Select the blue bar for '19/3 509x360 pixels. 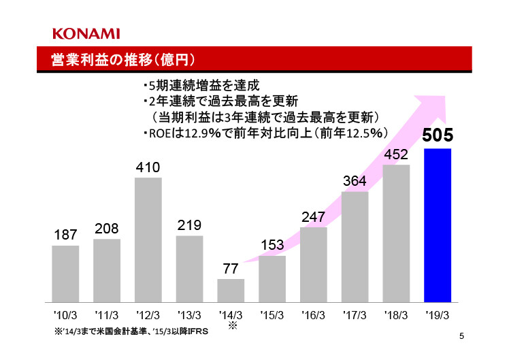click(438, 225)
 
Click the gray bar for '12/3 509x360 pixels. click(148, 240)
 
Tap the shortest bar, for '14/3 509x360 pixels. click(231, 290)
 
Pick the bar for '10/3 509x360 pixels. click(65, 273)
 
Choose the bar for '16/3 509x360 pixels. click(314, 264)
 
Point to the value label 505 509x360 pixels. click(438, 135)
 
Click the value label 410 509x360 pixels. click(148, 167)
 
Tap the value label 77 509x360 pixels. click(231, 269)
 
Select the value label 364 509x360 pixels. click(355, 182)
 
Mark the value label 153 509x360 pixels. click(272, 245)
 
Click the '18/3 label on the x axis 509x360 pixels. click(396, 315)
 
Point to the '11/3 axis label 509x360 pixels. click(107, 315)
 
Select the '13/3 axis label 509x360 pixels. click(189, 315)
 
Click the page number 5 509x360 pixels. click(461, 336)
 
